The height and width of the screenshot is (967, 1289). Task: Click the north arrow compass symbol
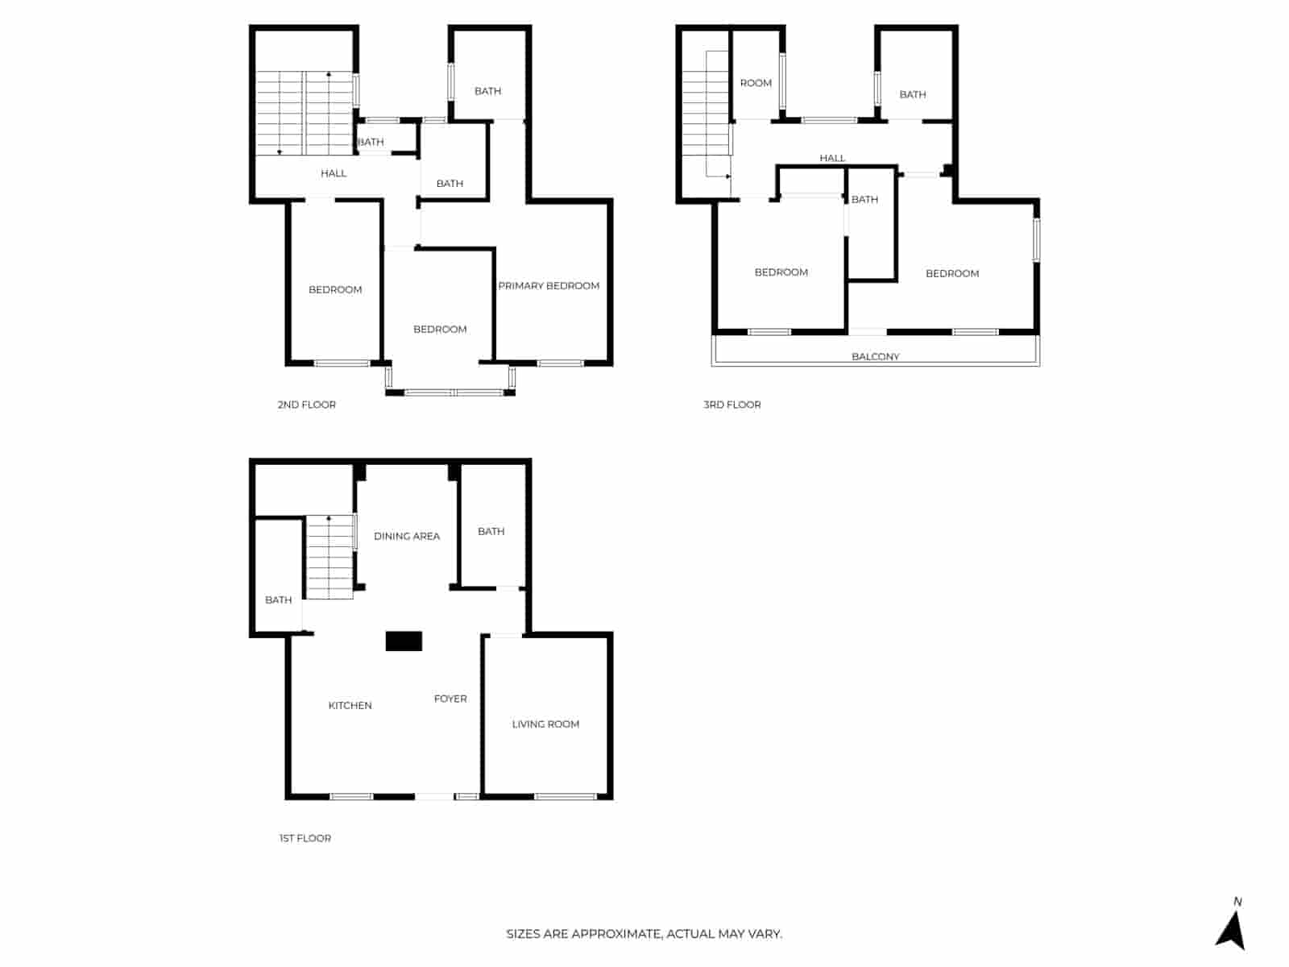pyautogui.click(x=1230, y=931)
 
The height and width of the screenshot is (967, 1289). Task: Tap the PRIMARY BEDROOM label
pyautogui.click(x=549, y=285)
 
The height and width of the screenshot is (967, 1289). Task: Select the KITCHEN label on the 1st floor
pyautogui.click(x=350, y=705)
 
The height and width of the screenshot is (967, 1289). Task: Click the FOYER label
pyautogui.click(x=450, y=699)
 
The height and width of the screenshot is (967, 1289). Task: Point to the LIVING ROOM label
pyautogui.click(x=545, y=724)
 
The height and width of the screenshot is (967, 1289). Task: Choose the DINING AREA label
pyautogui.click(x=407, y=536)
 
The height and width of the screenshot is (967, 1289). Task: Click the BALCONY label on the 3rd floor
pyautogui.click(x=875, y=356)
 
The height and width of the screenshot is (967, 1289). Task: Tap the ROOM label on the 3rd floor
pyautogui.click(x=756, y=83)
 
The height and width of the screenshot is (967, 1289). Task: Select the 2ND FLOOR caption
pyautogui.click(x=306, y=405)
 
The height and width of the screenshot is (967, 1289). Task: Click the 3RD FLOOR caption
pyautogui.click(x=732, y=405)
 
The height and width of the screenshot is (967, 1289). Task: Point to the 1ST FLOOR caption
pyautogui.click(x=305, y=838)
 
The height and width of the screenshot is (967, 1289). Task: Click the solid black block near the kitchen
pyautogui.click(x=404, y=641)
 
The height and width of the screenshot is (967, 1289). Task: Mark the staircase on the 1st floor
pyautogui.click(x=330, y=557)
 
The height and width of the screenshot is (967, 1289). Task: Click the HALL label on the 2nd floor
pyautogui.click(x=334, y=173)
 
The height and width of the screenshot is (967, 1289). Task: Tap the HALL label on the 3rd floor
pyautogui.click(x=832, y=158)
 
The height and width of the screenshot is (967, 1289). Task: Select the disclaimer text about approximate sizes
pyautogui.click(x=644, y=934)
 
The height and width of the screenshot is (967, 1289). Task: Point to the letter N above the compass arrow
pyautogui.click(x=1237, y=902)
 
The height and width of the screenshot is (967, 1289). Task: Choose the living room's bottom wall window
pyautogui.click(x=565, y=797)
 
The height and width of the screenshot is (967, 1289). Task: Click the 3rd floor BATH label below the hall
pyautogui.click(x=864, y=199)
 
